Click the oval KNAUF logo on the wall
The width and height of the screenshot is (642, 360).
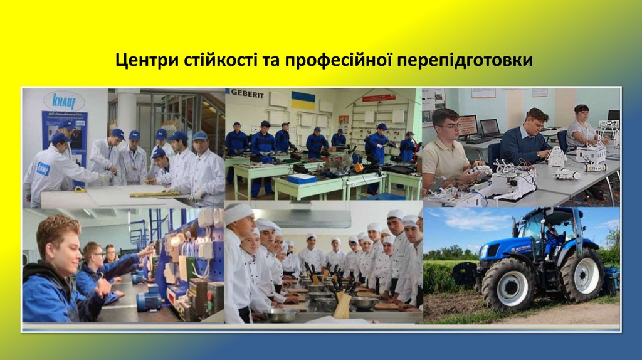(x=63, y=100)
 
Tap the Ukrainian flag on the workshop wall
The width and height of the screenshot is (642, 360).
(x=303, y=100)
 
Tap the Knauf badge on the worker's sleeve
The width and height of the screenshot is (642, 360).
(x=43, y=169)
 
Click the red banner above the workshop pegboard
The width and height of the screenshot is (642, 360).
(x=378, y=98)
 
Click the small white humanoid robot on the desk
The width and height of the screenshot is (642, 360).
(x=555, y=156)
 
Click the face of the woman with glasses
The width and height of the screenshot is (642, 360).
(x=581, y=117)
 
